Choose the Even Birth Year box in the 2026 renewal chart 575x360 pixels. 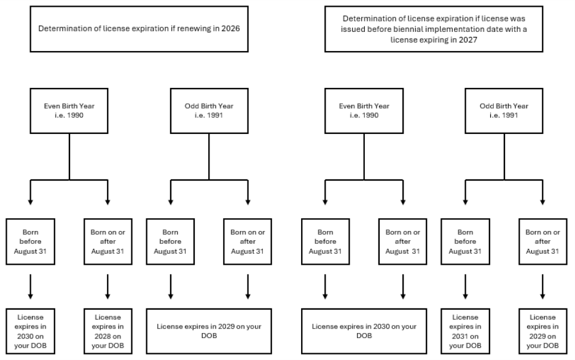(x=69, y=111)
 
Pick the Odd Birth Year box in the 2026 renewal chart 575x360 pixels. (x=209, y=111)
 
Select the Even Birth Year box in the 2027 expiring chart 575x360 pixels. (x=364, y=111)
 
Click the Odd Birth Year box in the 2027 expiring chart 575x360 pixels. (x=504, y=111)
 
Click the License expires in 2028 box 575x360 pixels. (x=108, y=331)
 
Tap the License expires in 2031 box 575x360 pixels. (x=465, y=331)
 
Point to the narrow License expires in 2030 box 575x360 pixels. (x=30, y=331)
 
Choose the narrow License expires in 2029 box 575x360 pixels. (x=542, y=331)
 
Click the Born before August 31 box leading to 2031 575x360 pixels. (x=465, y=241)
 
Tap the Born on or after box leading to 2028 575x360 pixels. (x=108, y=241)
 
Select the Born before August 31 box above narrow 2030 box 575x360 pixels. (x=30, y=241)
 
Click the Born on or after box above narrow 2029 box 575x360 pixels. (x=542, y=241)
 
